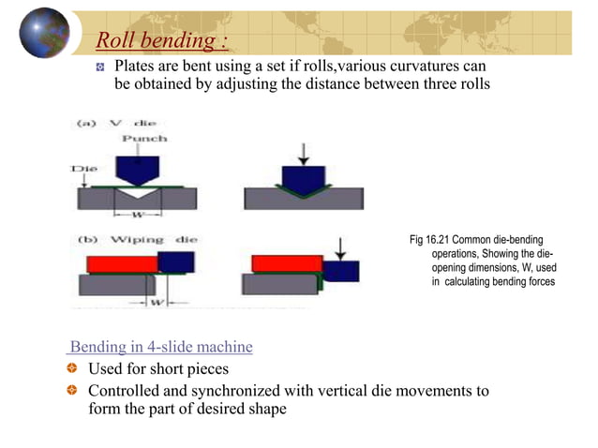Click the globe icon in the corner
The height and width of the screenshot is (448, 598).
coord(43,33)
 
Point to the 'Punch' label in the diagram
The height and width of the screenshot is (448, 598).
coord(146,138)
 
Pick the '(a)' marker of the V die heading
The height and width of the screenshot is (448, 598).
coord(84,123)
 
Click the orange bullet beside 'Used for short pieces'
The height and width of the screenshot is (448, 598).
coord(72,368)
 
